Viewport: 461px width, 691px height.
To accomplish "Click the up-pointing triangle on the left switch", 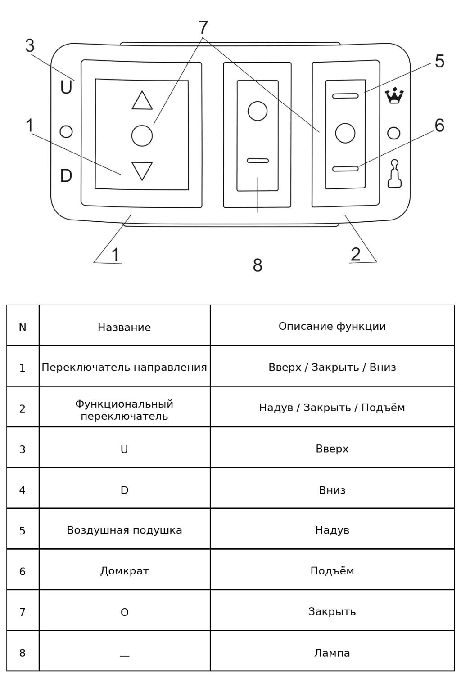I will click(142, 101).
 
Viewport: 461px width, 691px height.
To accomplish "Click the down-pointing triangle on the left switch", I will click(142, 170).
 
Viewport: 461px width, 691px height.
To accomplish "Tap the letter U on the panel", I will click(66, 87).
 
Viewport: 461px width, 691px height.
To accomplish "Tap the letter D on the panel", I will click(66, 175).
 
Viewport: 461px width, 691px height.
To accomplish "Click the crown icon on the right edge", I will click(394, 96).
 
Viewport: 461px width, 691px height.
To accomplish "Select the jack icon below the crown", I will click(394, 173).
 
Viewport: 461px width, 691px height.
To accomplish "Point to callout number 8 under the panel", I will click(258, 265).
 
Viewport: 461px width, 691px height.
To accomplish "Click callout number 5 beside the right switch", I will click(439, 61).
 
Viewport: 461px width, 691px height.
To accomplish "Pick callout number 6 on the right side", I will click(439, 126).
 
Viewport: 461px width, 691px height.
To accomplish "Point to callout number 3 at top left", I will click(30, 46).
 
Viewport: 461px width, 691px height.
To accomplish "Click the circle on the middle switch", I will click(258, 111).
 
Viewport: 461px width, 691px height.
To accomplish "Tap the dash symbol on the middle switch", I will click(258, 161).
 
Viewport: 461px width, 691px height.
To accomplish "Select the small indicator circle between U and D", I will click(66, 131).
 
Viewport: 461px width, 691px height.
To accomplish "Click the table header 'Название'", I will click(124, 327).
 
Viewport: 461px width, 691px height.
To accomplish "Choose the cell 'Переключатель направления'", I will click(124, 367).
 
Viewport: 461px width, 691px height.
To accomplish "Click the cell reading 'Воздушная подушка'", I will click(124, 530).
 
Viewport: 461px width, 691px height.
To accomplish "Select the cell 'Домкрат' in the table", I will click(124, 571).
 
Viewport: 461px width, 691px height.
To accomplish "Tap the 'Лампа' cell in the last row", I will click(332, 653).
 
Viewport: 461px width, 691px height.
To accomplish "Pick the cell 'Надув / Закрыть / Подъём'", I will click(332, 408).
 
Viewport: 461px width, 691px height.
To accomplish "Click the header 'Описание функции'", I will click(332, 326).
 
